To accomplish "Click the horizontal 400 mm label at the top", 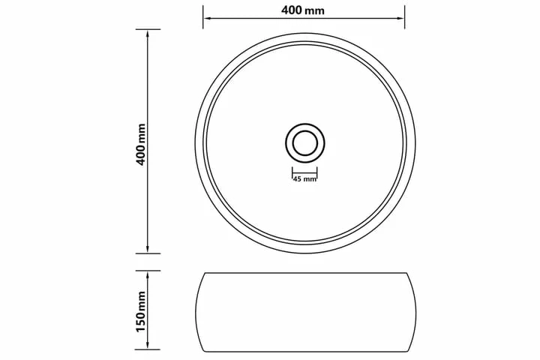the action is click(303, 10).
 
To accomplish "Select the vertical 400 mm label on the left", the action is click(141, 145).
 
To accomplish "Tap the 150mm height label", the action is click(141, 311).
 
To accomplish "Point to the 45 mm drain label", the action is click(304, 178).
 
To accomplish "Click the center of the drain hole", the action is click(305, 143).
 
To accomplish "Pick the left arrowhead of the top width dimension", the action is click(206, 17).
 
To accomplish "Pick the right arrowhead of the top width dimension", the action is click(400, 17).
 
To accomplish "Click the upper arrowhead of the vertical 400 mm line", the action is click(148, 34).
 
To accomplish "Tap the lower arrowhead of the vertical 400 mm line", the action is click(148, 249).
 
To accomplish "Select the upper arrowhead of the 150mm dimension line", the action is click(148, 275).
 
